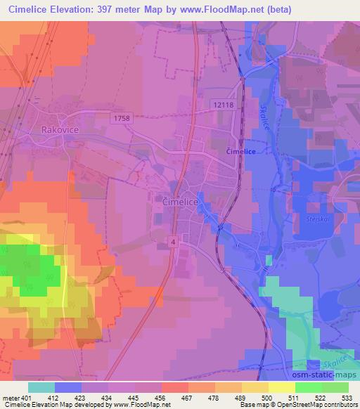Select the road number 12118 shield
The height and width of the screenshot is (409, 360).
coord(221,104)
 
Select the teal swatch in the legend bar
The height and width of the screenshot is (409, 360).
coord(41,388)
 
